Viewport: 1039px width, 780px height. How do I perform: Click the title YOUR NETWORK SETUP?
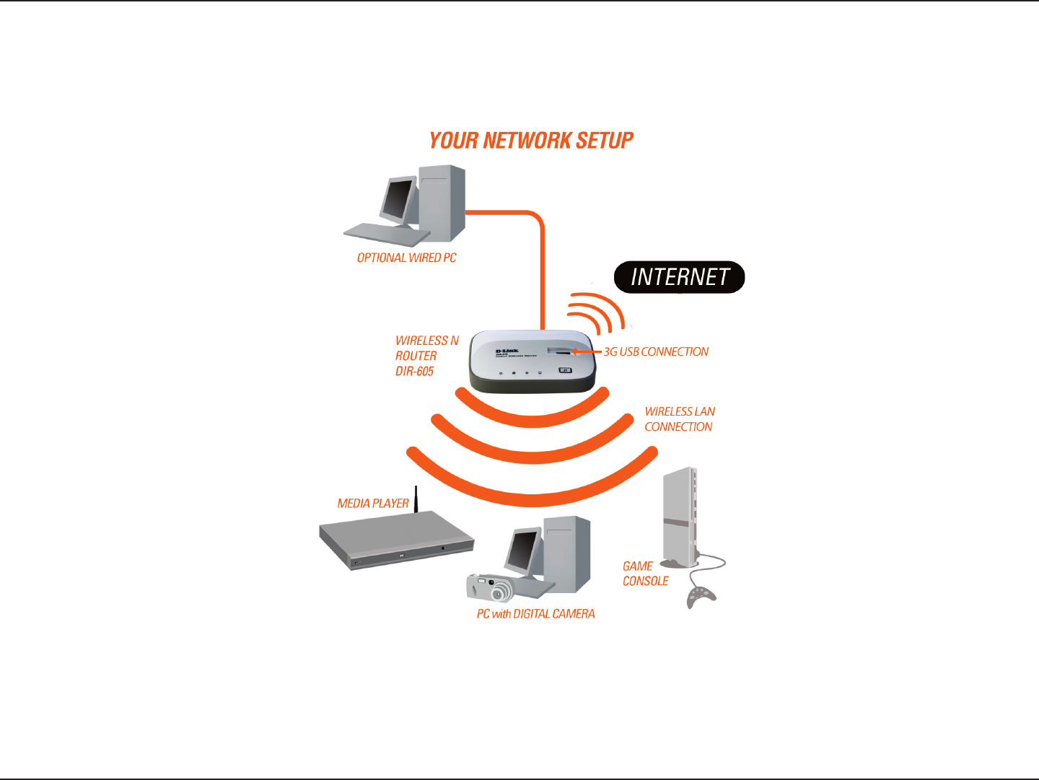(531, 140)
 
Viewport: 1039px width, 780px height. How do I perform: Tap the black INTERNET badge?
(679, 277)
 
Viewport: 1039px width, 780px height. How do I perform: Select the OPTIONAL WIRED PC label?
(406, 258)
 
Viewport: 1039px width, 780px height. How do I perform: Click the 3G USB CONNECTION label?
(656, 352)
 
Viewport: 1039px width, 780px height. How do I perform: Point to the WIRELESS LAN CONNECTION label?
(679, 419)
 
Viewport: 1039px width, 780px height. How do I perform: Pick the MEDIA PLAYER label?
(373, 503)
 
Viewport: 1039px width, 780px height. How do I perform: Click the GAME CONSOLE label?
(645, 574)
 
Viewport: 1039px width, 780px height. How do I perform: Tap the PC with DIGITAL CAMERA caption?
(535, 614)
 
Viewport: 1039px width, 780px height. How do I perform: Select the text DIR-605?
(414, 372)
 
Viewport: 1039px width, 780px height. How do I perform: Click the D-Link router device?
(532, 362)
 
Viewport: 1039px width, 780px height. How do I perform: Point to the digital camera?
(489, 587)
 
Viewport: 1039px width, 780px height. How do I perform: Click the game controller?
(700, 596)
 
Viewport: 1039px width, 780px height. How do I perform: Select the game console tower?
(680, 516)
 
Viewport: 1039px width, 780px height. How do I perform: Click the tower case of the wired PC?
(442, 202)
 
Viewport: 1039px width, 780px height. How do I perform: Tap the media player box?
(395, 541)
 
